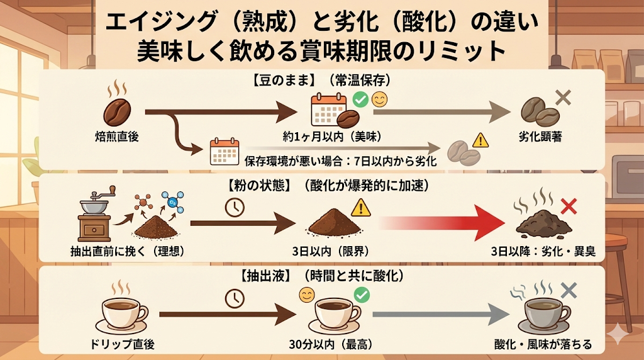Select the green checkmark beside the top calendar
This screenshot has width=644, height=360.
tap(360, 99)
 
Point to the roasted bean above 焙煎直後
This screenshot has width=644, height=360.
tap(118, 111)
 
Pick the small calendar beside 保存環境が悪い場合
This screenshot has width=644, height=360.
tap(224, 152)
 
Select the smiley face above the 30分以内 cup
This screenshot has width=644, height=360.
tap(306, 294)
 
